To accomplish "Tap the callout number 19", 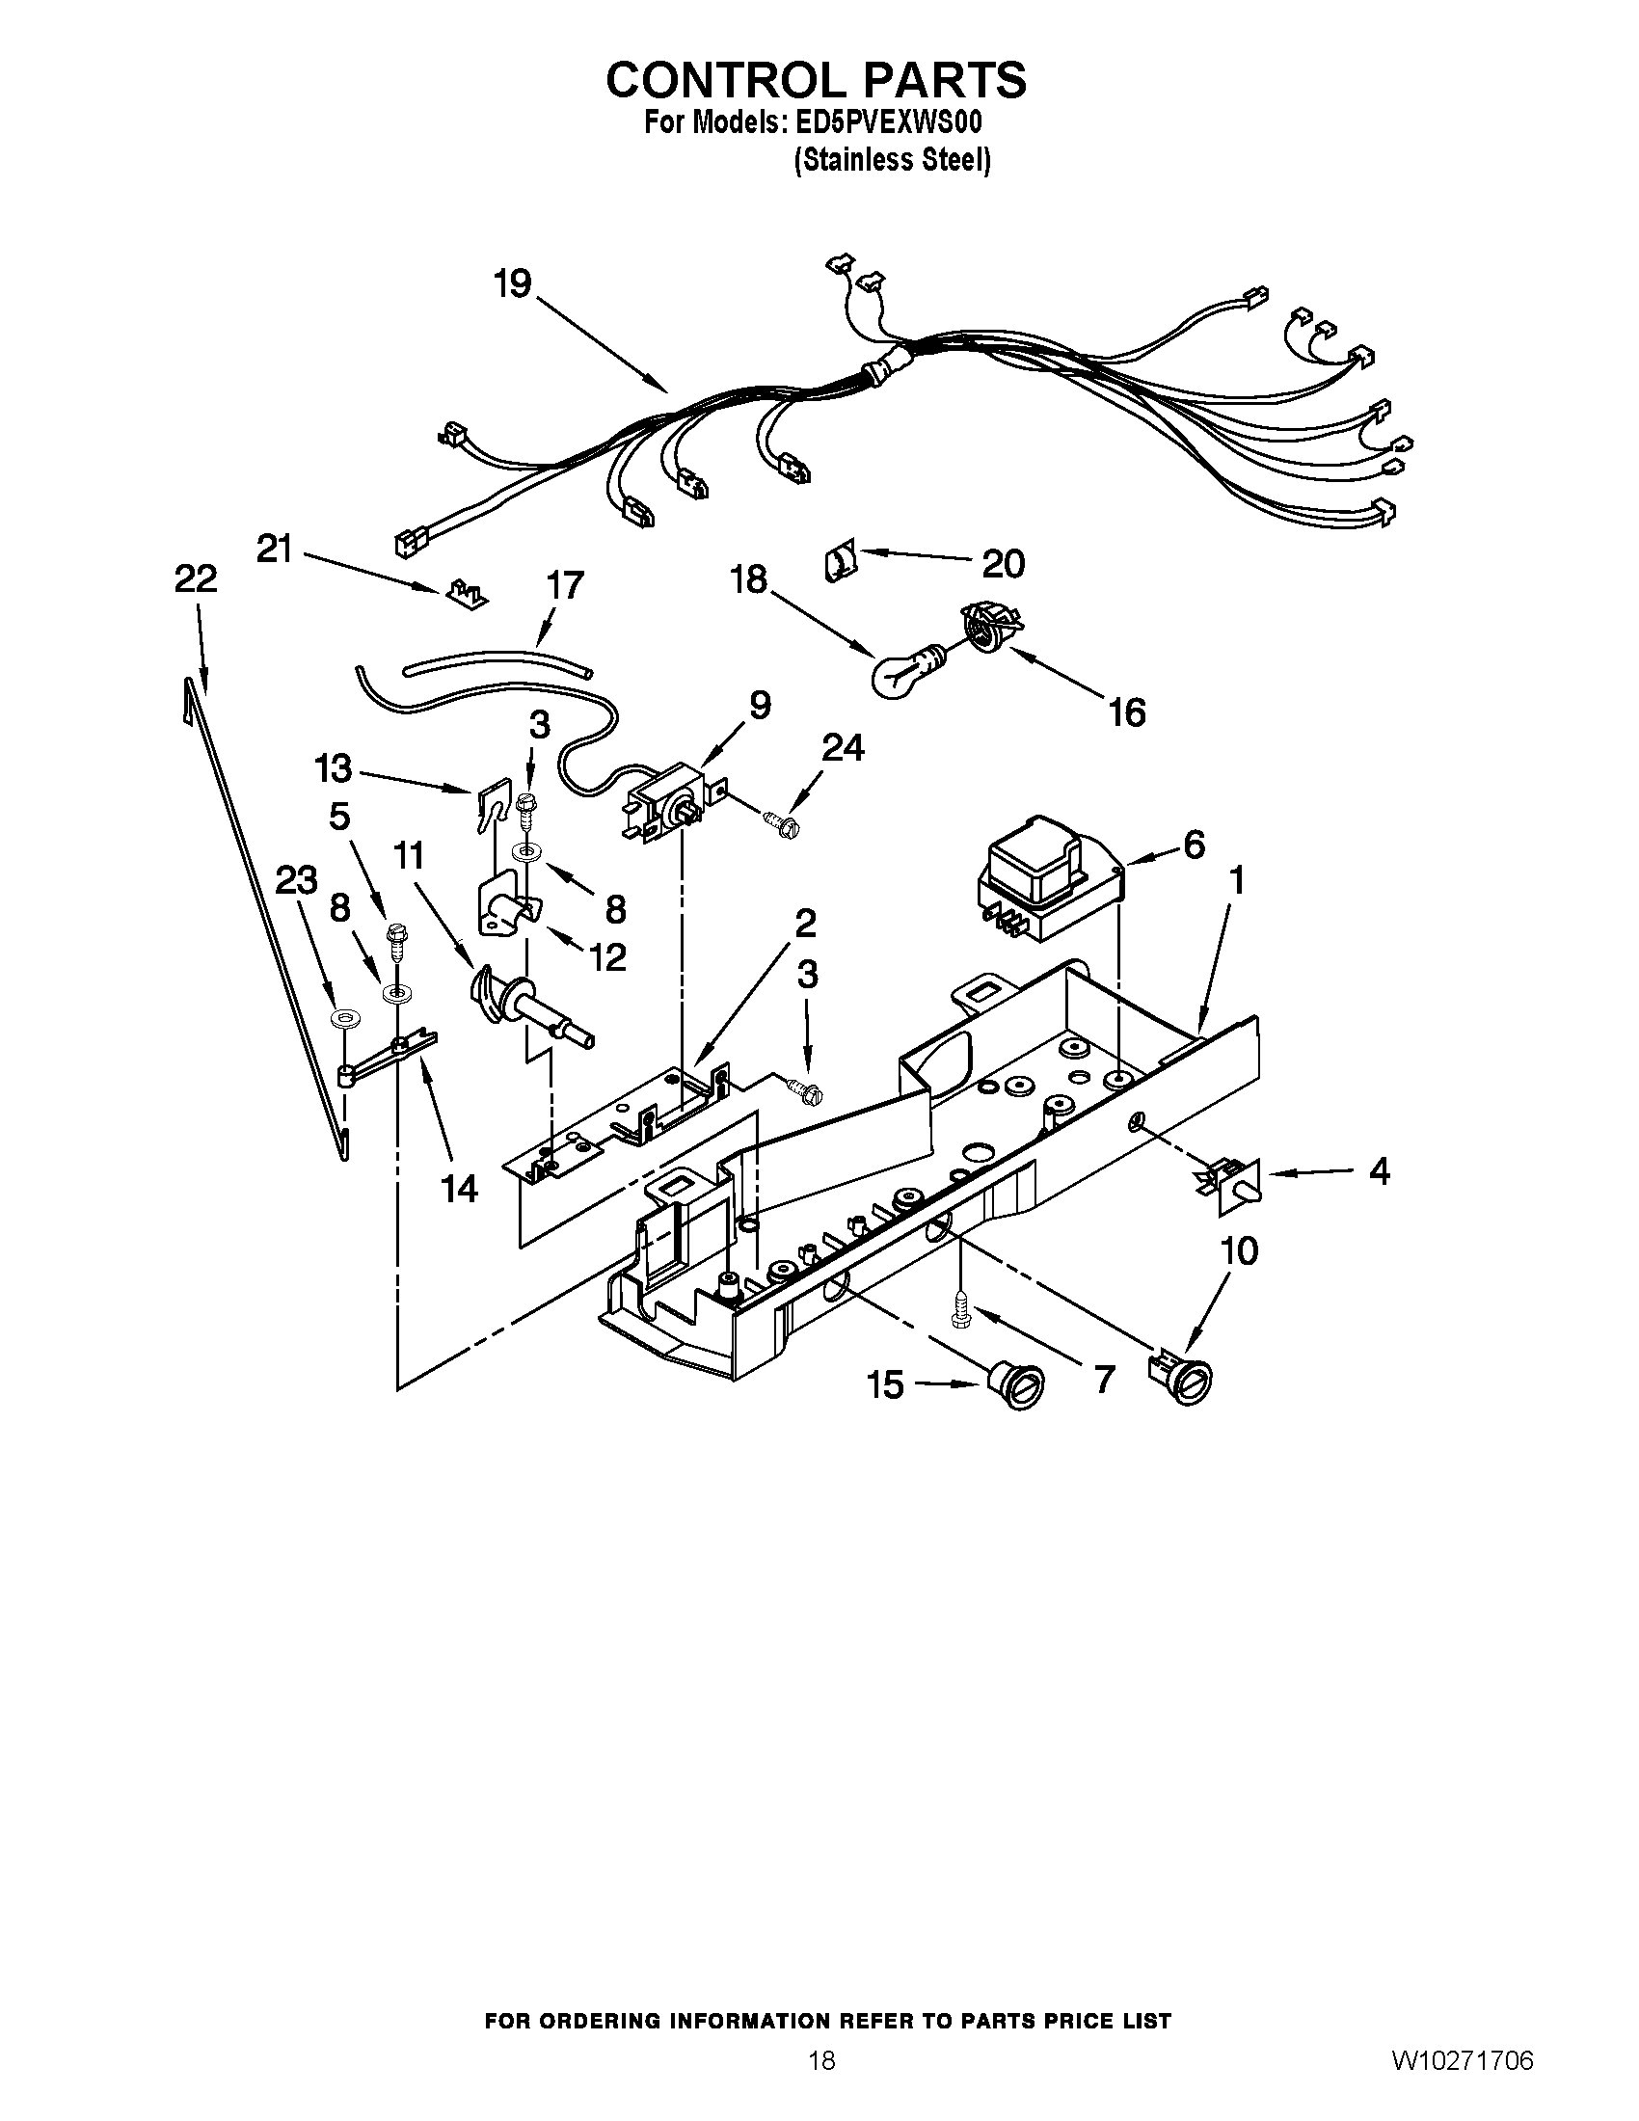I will tap(512, 284).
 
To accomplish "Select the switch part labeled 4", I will tap(1235, 1186).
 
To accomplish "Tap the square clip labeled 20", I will tap(838, 562).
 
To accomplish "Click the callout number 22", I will tap(195, 579).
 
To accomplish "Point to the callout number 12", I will tap(606, 956).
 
